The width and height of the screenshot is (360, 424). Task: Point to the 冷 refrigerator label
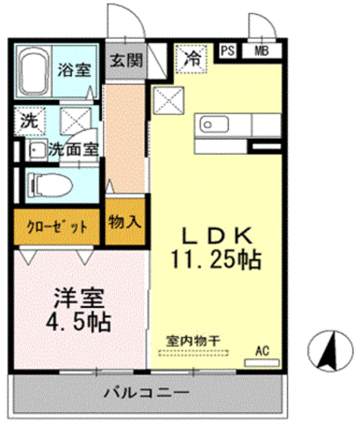(193, 56)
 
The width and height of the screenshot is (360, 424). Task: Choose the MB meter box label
(261, 51)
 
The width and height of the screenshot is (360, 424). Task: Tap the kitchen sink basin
(208, 124)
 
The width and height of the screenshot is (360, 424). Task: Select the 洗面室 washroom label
(74, 150)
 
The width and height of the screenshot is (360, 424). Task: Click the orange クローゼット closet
(56, 227)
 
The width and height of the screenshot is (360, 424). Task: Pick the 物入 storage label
(125, 223)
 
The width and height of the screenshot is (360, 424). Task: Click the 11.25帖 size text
(214, 261)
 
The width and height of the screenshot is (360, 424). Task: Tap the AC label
(262, 351)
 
